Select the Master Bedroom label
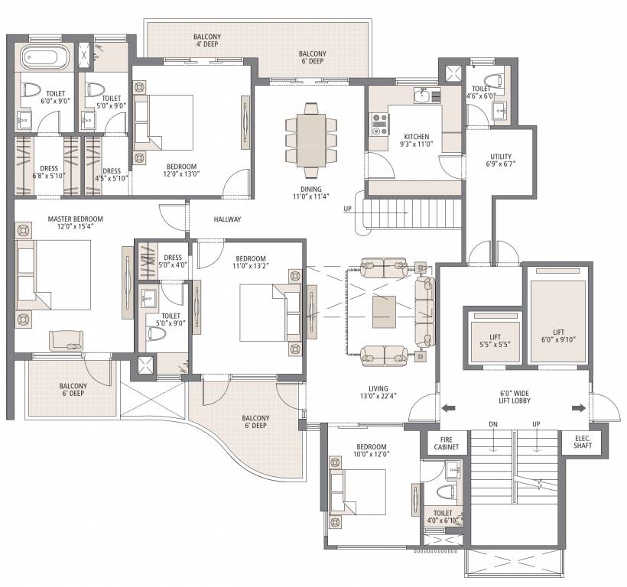(75, 223)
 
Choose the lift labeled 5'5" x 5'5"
(494, 341)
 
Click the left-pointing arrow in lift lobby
(451, 407)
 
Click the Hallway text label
(227, 219)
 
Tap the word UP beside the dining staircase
(348, 209)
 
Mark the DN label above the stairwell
(493, 425)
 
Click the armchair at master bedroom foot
(67, 340)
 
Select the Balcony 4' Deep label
(206, 41)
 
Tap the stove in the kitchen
(379, 124)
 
